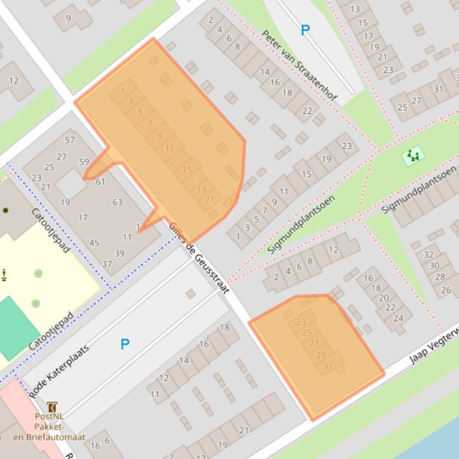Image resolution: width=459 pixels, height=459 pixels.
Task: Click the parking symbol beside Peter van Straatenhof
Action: pyautogui.click(x=305, y=30)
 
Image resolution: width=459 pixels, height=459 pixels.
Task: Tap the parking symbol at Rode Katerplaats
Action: pyautogui.click(x=125, y=344)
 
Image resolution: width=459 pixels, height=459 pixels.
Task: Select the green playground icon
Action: pyautogui.click(x=412, y=157)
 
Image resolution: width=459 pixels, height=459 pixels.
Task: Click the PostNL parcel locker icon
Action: pyautogui.click(x=52, y=407)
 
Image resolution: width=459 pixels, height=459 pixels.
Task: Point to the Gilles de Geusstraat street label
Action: pyautogui.click(x=199, y=258)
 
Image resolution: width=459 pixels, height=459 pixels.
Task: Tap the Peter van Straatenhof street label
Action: pyautogui.click(x=299, y=64)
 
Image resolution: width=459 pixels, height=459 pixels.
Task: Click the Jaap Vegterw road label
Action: pyautogui.click(x=434, y=346)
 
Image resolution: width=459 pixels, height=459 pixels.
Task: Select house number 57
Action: pyautogui.click(x=70, y=140)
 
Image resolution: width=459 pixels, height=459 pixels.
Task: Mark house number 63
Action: pyautogui.click(x=117, y=202)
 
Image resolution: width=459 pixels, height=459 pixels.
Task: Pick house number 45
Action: pyautogui.click(x=94, y=243)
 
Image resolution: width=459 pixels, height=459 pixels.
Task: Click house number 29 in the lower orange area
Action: pyautogui.click(x=321, y=355)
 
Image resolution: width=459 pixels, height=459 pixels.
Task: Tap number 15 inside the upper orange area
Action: pyautogui.click(x=187, y=170)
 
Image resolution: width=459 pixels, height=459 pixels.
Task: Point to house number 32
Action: pyautogui.click(x=428, y=255)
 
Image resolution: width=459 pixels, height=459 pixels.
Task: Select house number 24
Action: pyautogui.click(x=398, y=318)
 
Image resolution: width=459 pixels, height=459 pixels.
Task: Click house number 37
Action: pyautogui.click(x=107, y=263)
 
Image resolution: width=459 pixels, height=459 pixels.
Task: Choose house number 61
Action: pyautogui.click(x=100, y=182)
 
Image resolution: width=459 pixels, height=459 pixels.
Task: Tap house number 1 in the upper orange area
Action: pyautogui.click(x=123, y=91)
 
